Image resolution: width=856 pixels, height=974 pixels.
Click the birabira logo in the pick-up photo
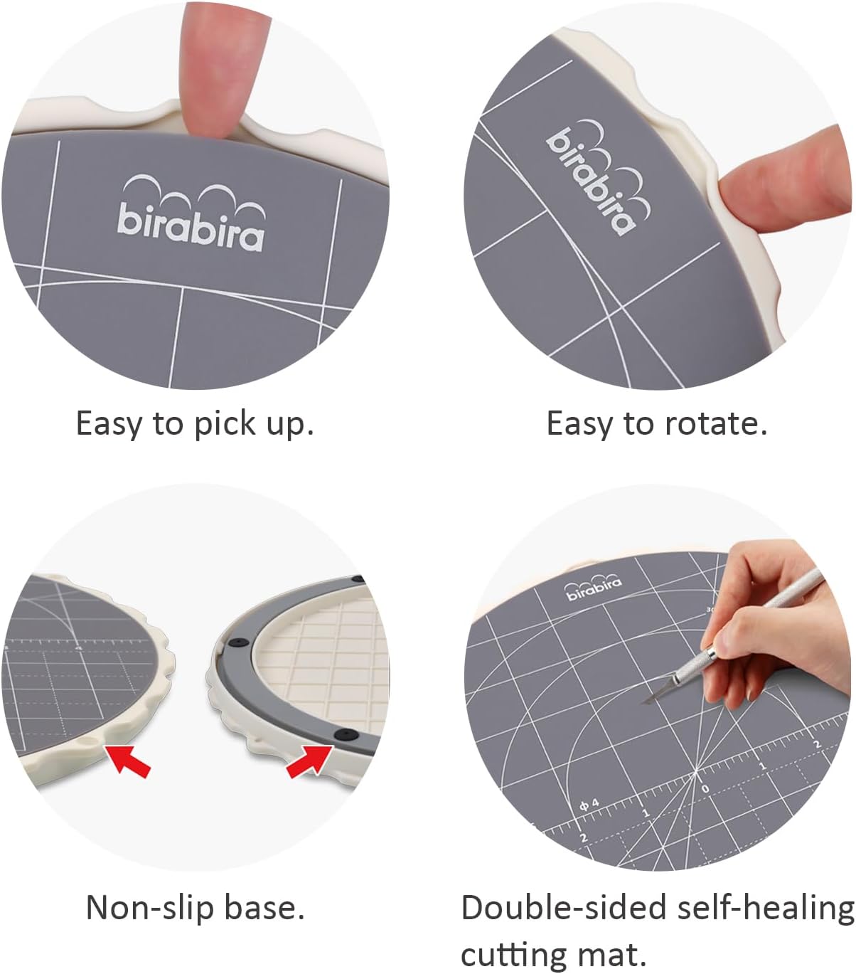(x=191, y=216)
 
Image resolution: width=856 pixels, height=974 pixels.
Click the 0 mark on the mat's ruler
(x=705, y=788)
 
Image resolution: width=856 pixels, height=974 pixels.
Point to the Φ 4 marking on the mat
(x=589, y=805)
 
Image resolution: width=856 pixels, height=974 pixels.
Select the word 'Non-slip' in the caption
(x=151, y=908)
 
